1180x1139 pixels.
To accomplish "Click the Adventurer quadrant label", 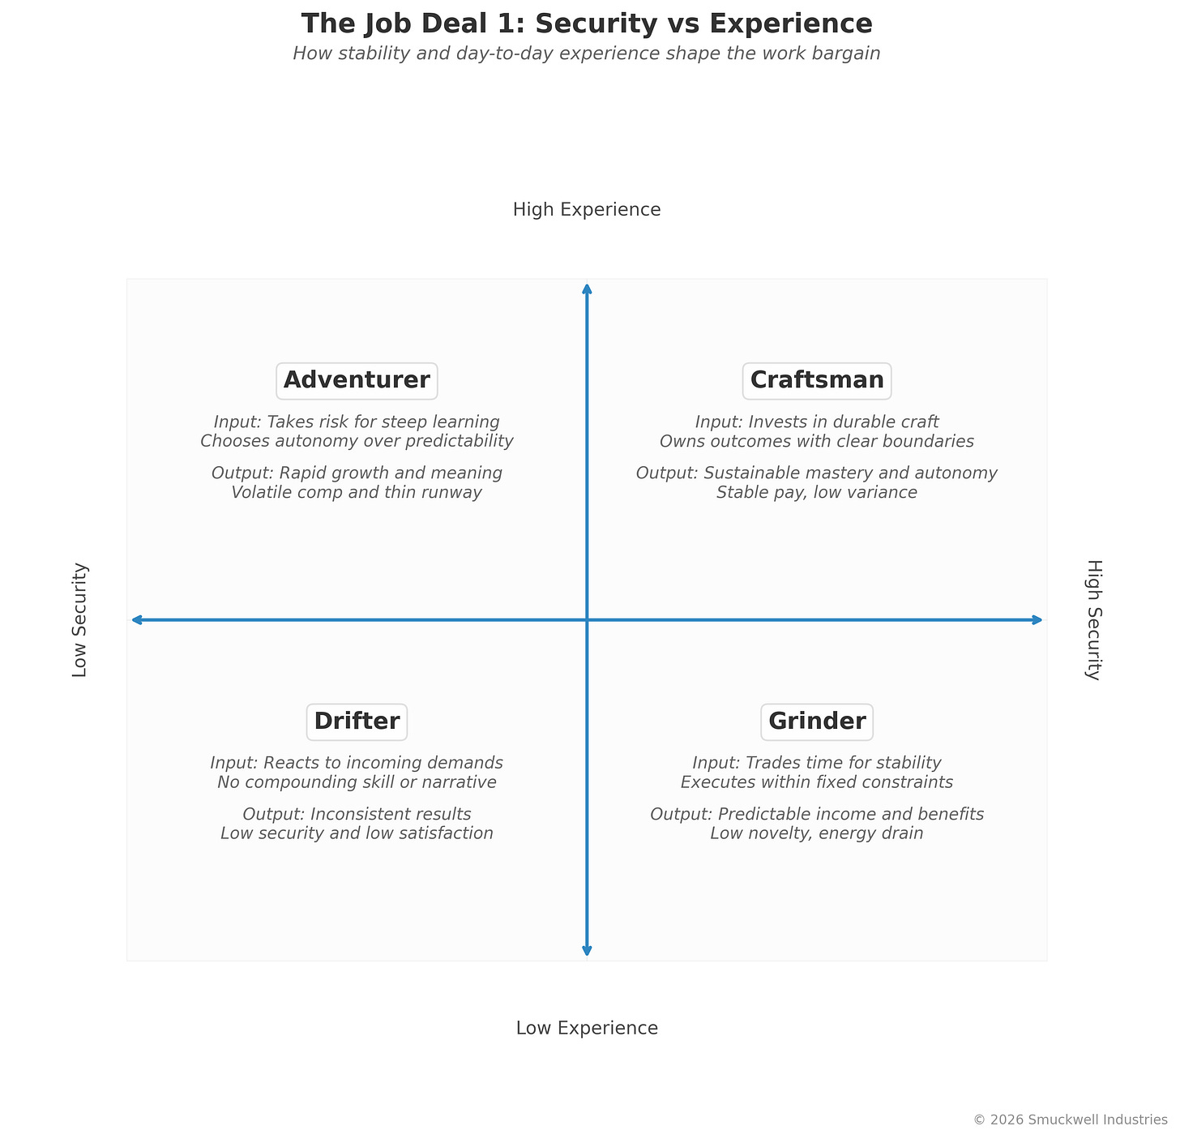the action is coord(357,380).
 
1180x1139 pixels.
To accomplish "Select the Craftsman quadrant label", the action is coord(817,380).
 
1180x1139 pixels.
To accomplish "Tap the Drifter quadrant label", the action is coord(357,722).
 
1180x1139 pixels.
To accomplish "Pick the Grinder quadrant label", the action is coord(817,722).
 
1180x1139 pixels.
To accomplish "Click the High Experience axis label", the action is coord(587,210).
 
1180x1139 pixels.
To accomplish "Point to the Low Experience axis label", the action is coord(587,1029).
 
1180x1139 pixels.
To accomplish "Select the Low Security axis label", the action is coord(79,620).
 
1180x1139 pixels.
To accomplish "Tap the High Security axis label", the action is coord(1094,620).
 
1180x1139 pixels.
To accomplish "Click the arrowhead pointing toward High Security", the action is coord(1037,620).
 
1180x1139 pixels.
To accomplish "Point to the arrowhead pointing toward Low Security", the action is coord(136,620).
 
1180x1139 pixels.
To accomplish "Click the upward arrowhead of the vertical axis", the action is coord(587,289).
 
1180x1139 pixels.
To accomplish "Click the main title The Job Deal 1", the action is coord(587,24).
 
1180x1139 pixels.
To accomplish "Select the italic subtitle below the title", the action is coord(587,54).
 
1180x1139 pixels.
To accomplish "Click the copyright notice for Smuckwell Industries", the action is coord(1070,1120).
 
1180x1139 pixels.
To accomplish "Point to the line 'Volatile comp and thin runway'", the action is coord(357,493).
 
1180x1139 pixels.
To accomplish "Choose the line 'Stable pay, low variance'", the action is coord(817,493).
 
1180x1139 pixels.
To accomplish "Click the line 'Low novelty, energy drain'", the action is coord(817,833).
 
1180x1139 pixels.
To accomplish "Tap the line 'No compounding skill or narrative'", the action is coord(357,782).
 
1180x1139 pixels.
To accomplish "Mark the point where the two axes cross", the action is coord(587,620).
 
